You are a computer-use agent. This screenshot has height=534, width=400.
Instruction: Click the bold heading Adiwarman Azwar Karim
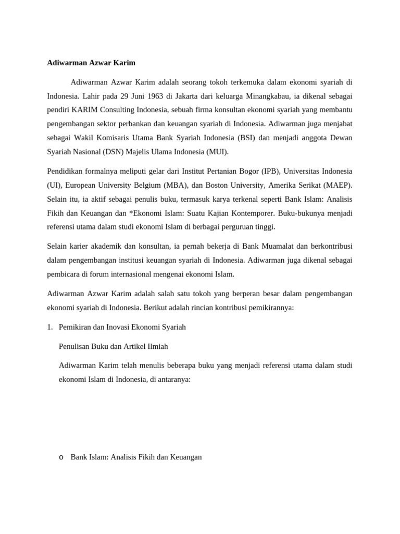pos(91,63)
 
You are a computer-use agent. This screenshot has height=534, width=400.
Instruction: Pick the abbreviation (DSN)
pos(110,152)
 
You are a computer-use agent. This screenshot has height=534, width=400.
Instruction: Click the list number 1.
pos(49,327)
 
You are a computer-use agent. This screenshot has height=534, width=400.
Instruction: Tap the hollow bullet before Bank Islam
pos(61,457)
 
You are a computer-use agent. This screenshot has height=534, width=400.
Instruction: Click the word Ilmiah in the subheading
pos(156,346)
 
